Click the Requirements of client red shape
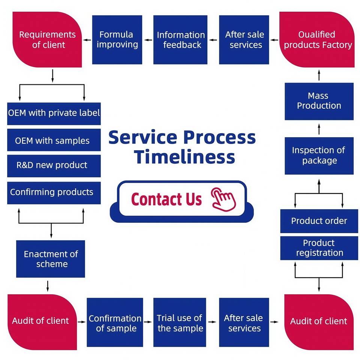47,39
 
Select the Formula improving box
117,39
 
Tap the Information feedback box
181,39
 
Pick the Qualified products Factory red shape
317,39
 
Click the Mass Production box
319,101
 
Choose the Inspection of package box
319,156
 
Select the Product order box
319,221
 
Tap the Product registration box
319,248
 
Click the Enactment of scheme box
51,259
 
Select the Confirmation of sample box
115,322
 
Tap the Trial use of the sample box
180,322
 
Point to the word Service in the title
139,138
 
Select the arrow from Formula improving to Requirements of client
87,39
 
